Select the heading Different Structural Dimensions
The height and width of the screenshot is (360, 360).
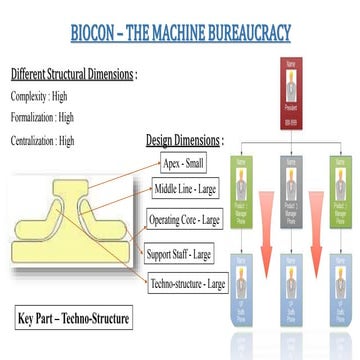coord(74,75)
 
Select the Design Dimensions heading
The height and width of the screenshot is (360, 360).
coord(185,140)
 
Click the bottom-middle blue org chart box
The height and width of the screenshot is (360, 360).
coord(292,293)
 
